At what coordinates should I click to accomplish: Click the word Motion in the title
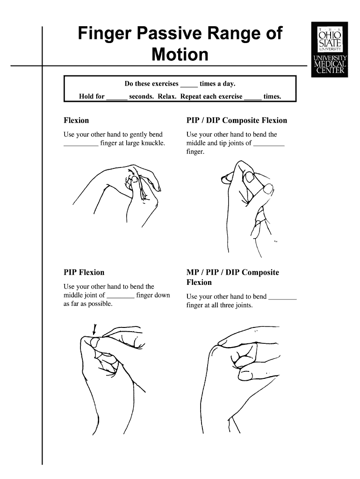[x=180, y=55]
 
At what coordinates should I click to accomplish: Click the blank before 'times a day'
[x=189, y=85]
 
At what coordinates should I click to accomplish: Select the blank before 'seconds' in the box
[x=117, y=97]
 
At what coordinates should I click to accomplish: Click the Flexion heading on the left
[x=76, y=121]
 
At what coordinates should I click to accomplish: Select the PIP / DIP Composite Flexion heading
[x=237, y=121]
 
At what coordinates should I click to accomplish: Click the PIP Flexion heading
[x=84, y=272]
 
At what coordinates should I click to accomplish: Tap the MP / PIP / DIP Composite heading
[x=232, y=272]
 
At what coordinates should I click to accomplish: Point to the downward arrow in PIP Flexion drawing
[x=95, y=329]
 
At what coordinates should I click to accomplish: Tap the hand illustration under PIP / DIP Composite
[x=248, y=196]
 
